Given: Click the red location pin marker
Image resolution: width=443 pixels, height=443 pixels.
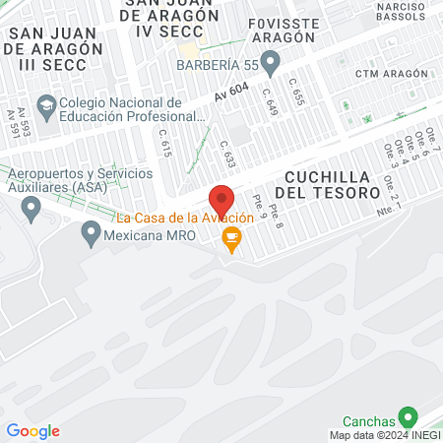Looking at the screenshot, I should (221, 198).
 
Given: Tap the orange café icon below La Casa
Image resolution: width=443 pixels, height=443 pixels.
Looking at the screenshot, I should (231, 235).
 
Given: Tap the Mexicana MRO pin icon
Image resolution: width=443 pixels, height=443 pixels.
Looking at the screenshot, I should (92, 234).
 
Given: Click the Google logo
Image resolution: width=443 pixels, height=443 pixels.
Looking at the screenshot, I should (32, 431).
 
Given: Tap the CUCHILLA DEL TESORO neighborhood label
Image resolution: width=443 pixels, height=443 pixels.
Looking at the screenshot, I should (332, 184).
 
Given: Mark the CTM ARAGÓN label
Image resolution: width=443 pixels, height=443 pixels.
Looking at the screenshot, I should (392, 74).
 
